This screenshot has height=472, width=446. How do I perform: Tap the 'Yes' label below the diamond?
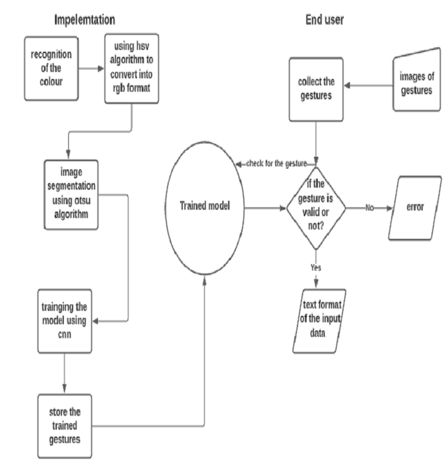[x=316, y=267]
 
